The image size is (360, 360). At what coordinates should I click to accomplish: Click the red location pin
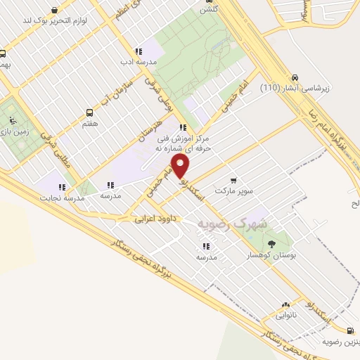(181, 166)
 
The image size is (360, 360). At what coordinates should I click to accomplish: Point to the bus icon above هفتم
(89, 112)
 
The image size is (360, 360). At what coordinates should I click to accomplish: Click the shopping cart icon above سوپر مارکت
(233, 179)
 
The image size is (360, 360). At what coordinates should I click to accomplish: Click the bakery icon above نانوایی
(285, 306)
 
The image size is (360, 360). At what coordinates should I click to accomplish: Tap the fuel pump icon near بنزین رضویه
(349, 330)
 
